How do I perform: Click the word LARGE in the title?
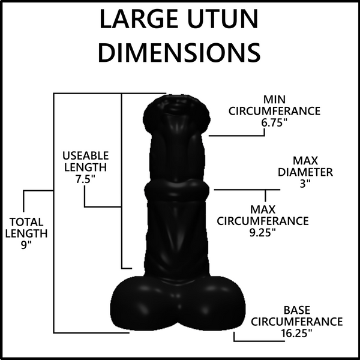(139, 19)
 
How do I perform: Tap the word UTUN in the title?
(223, 19)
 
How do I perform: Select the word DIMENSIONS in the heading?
(179, 52)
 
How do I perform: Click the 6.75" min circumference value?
(274, 123)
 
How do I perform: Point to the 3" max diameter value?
(305, 184)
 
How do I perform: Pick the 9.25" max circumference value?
(263, 233)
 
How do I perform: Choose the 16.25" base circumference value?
(296, 333)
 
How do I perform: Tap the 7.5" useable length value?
(85, 179)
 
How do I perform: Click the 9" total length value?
(26, 245)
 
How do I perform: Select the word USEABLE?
(86, 155)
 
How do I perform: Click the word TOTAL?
(26, 222)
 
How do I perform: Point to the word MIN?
(274, 100)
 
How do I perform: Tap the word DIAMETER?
(305, 172)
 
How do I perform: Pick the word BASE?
(297, 310)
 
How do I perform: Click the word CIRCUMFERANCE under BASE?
(296, 322)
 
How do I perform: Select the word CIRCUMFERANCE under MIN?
(274, 111)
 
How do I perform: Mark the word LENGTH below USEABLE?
(85, 167)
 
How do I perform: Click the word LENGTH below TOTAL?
(26, 233)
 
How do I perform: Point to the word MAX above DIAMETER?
(305, 160)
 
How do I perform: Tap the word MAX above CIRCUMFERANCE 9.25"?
(263, 209)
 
